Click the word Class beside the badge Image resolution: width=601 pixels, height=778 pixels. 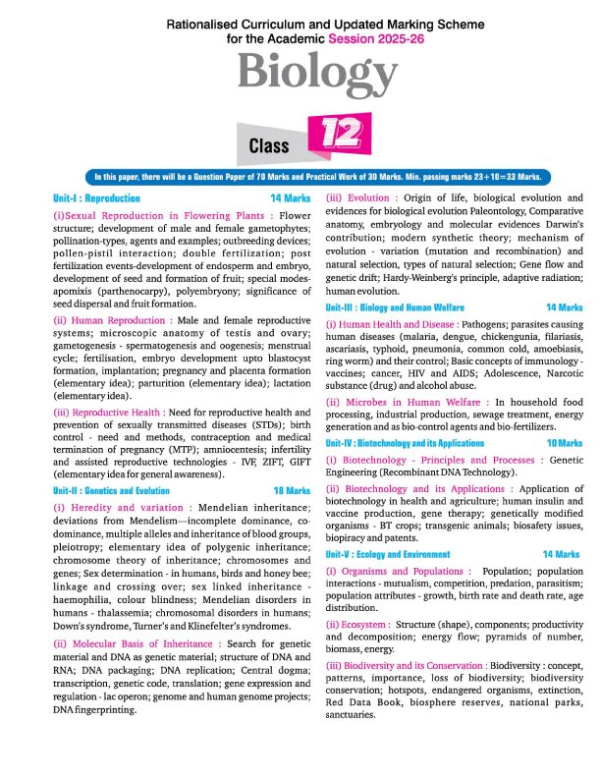pyautogui.click(x=268, y=146)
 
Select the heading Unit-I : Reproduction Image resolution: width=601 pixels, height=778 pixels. pyautogui.click(x=97, y=197)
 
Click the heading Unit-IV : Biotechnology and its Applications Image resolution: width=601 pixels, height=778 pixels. pyautogui.click(x=414, y=472)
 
